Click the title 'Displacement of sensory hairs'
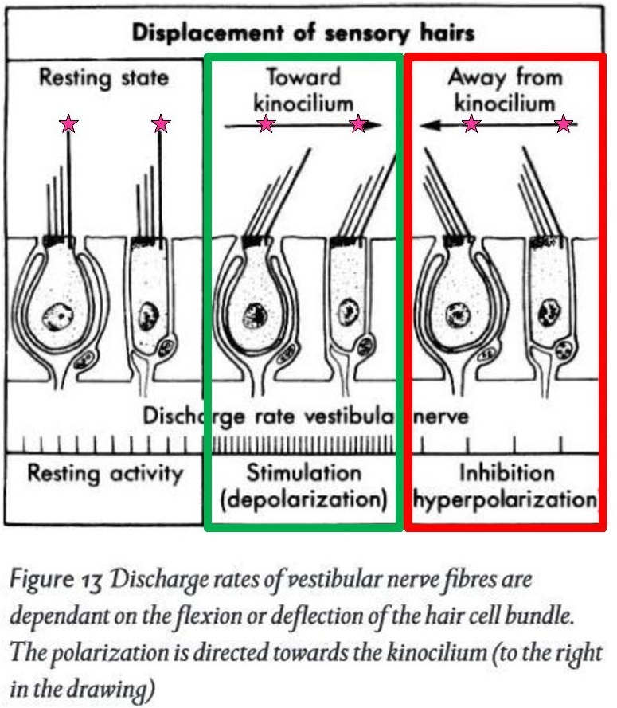click(303, 33)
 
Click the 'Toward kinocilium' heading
click(303, 89)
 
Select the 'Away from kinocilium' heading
click(505, 89)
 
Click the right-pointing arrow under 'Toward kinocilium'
click(303, 125)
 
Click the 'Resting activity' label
click(105, 473)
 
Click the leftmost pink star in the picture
click(69, 124)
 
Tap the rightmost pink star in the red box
click(564, 123)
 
